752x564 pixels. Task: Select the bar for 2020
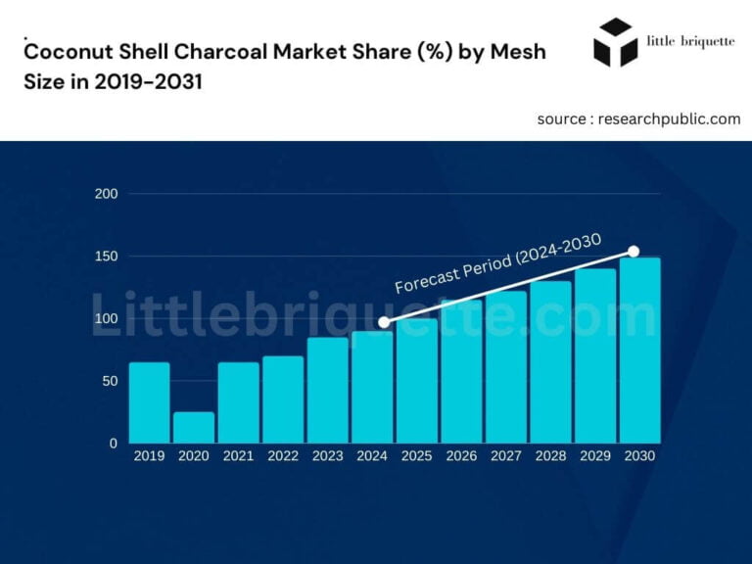194,427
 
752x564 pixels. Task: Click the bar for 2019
150,402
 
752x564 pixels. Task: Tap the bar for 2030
639,351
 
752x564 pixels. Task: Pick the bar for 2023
328,390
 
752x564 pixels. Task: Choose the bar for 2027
505,367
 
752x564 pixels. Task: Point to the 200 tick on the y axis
108,194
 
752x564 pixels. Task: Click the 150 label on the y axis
108,257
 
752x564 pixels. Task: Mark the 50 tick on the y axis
111,381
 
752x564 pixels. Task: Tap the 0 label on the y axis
114,443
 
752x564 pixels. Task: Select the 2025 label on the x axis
417,456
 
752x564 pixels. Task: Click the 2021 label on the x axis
239,456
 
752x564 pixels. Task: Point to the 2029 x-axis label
595,456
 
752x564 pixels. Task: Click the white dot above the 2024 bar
384,322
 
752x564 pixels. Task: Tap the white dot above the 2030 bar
634,252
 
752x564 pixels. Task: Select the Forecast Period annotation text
497,263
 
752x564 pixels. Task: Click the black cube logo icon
616,42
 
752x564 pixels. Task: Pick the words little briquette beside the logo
691,41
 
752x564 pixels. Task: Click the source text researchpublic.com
638,118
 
